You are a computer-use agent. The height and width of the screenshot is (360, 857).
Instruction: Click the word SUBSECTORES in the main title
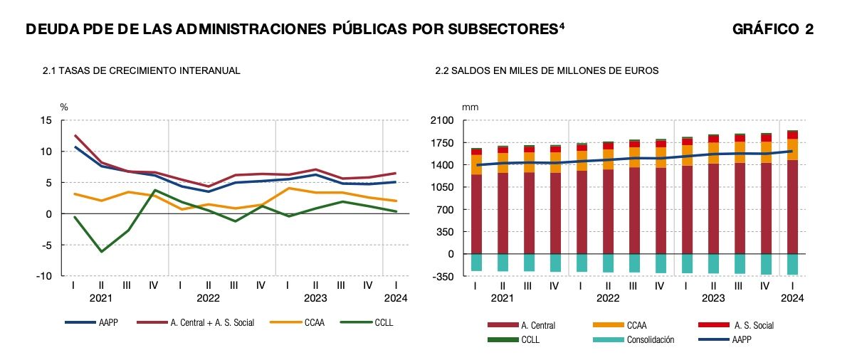tap(489, 29)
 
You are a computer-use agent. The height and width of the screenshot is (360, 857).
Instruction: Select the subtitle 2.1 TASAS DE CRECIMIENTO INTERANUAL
tap(141, 71)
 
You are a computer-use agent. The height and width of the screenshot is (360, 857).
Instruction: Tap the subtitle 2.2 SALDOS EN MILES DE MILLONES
tap(547, 71)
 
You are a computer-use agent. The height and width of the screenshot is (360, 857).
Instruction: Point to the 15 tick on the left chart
tap(46, 121)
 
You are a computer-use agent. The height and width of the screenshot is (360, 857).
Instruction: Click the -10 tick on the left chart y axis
tap(43, 276)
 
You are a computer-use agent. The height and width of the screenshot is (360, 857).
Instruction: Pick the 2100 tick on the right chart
tap(443, 121)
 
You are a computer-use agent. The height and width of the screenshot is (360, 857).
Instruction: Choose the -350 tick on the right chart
tap(445, 276)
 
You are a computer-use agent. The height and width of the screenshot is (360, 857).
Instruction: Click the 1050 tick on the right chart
tap(443, 187)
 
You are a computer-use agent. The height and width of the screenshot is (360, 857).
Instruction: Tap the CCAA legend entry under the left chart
tap(313, 322)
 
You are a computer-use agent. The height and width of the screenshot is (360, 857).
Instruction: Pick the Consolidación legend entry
tap(651, 339)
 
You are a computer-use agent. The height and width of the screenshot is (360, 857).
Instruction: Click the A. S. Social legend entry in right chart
tap(752, 325)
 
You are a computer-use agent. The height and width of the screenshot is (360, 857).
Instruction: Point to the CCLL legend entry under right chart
tap(530, 339)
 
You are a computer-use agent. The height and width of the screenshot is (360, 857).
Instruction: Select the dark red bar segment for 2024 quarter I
tap(792, 206)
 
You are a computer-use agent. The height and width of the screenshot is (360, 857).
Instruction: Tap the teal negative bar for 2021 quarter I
tap(475, 262)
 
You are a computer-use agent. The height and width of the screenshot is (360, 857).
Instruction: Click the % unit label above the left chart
tap(63, 107)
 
